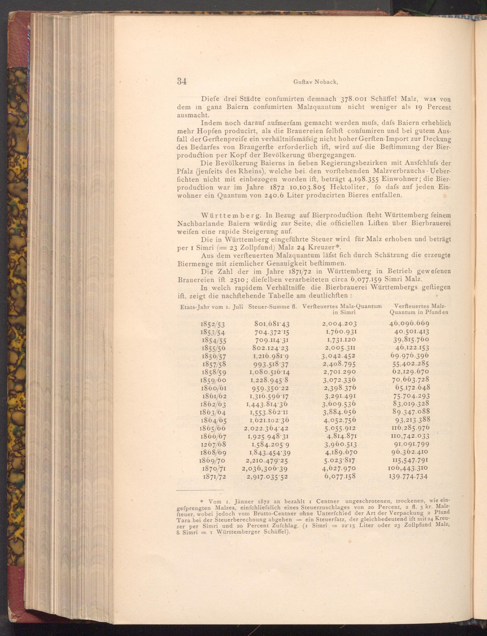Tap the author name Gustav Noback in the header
coord(316,82)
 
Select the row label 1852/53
coord(213,324)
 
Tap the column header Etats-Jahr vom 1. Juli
coord(211,306)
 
